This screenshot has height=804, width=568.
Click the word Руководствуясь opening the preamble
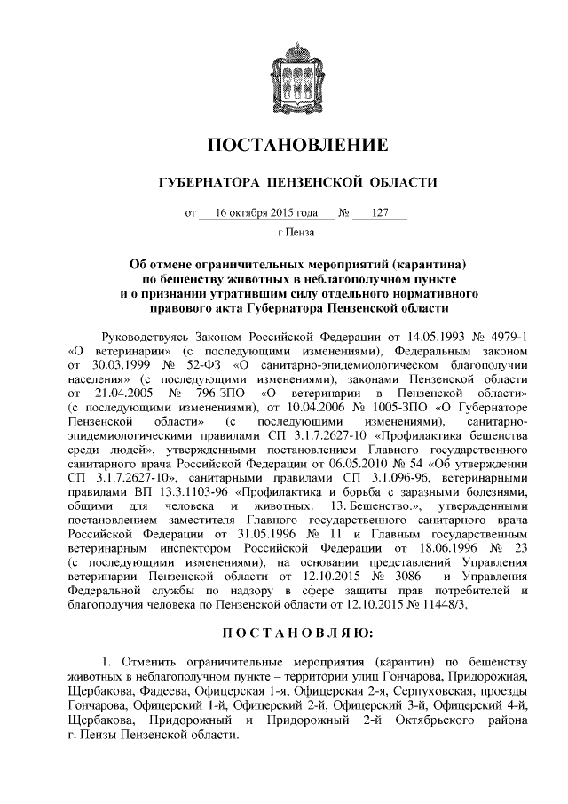pyautogui.click(x=150, y=338)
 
